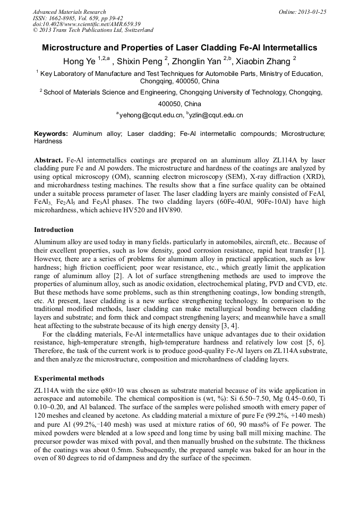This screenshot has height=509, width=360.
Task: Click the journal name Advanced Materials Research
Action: (x=69, y=12)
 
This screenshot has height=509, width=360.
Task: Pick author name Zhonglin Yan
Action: (x=198, y=61)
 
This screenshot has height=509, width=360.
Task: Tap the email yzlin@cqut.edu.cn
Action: (x=216, y=115)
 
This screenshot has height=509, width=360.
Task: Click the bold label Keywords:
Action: (x=51, y=134)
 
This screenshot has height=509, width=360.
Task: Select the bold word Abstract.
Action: (x=48, y=160)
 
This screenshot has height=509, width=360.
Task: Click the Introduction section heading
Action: (x=54, y=230)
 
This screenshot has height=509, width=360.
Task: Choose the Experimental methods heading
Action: (x=69, y=378)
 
